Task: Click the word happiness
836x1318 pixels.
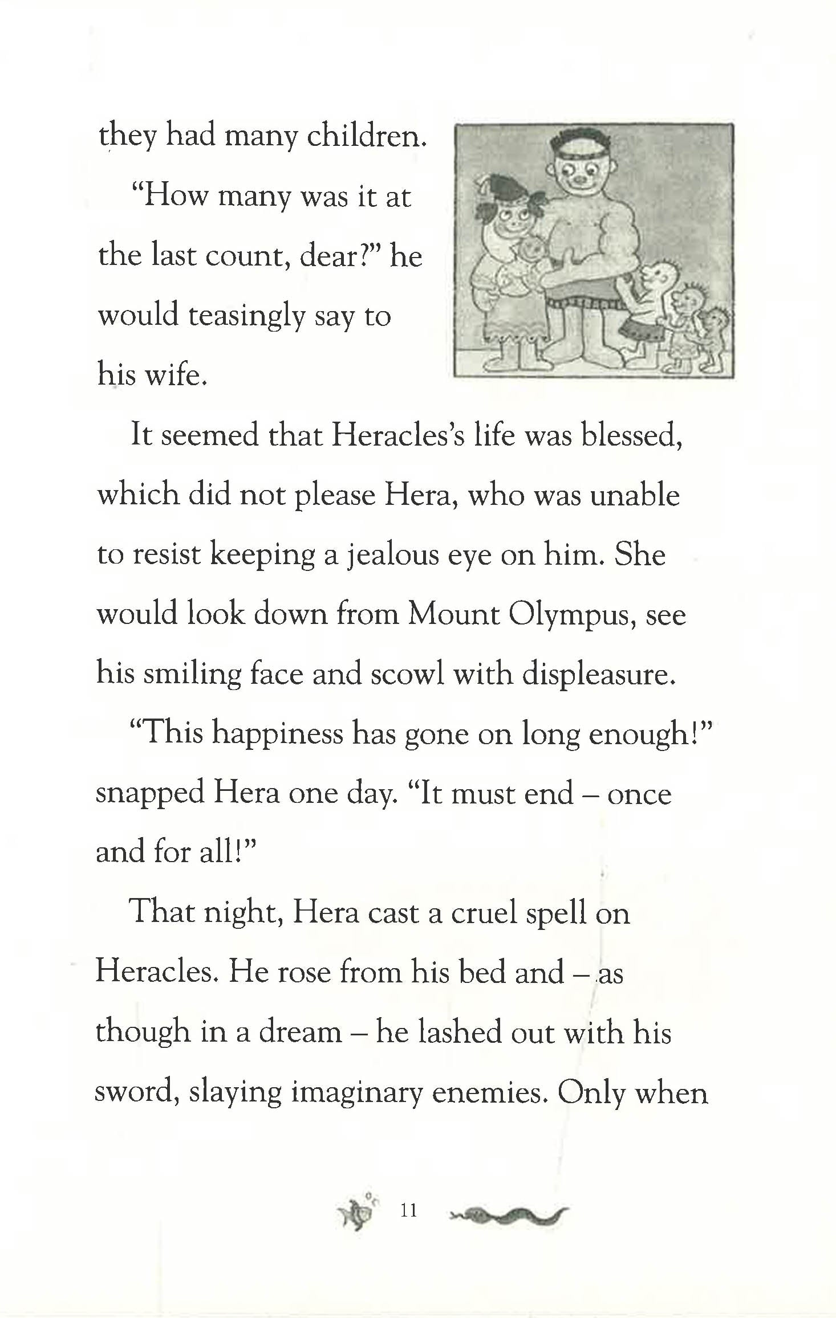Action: click(x=278, y=734)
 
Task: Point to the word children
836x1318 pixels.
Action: click(x=366, y=136)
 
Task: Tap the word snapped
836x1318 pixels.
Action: click(x=149, y=794)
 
